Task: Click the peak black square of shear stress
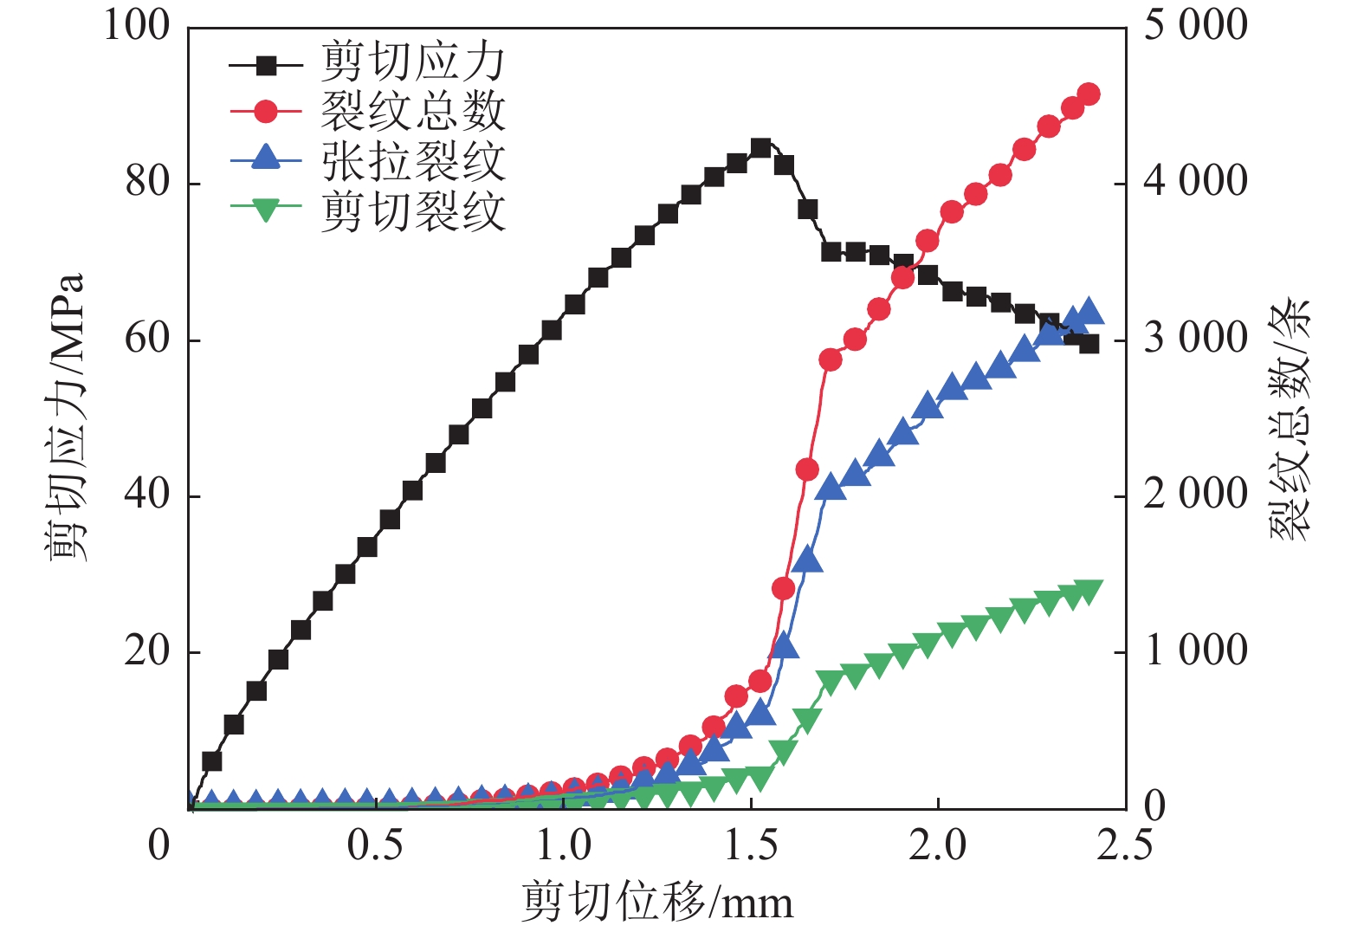760,148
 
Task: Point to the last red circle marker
1089,94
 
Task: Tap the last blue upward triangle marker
1089,310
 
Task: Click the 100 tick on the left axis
137,26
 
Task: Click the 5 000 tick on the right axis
1195,26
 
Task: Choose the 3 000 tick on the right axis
1195,339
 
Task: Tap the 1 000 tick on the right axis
1195,651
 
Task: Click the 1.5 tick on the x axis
751,845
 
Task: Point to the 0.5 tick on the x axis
375,845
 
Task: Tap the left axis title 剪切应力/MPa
66,416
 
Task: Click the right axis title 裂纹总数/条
1290,420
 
